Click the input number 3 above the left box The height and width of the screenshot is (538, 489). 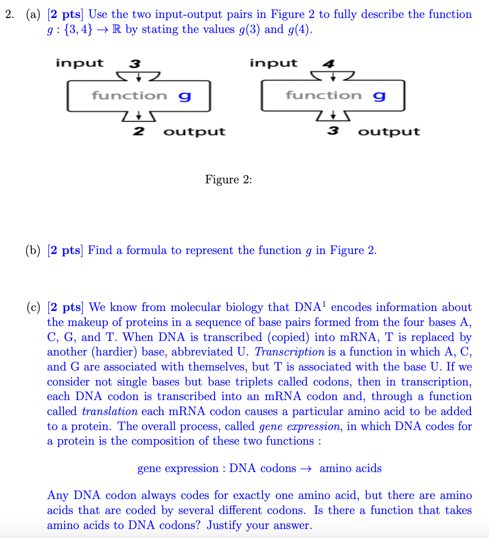point(135,64)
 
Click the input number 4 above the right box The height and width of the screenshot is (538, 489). point(329,64)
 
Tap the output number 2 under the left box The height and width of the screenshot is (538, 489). point(138,131)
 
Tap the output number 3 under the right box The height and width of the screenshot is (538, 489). point(332,131)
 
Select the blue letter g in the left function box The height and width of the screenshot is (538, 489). point(184,96)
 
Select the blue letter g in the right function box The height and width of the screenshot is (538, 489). point(379,96)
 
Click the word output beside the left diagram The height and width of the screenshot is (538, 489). point(194,132)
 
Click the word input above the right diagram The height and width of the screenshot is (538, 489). point(273,63)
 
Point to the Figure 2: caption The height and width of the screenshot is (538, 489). point(228,179)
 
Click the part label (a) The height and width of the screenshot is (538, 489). point(33,15)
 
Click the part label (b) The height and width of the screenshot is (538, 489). point(33,251)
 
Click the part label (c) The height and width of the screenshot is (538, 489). point(33,308)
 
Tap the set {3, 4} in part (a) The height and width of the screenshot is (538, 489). point(78,30)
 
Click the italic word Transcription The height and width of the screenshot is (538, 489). point(290,352)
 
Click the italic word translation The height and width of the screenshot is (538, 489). point(110,412)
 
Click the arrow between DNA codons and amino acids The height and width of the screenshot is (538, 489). point(305,469)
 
